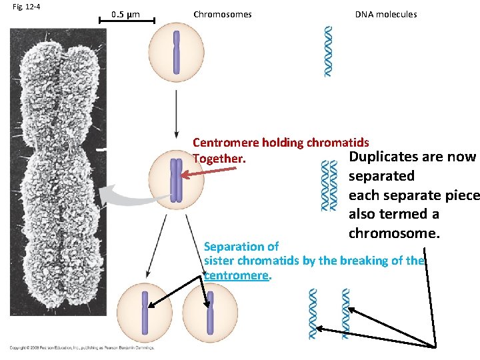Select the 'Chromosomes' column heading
click(x=222, y=14)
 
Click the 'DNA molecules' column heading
click(x=385, y=14)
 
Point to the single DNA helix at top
click(x=328, y=51)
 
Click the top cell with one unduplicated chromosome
click(x=177, y=52)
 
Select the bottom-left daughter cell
click(x=144, y=315)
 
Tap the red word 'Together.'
click(x=219, y=159)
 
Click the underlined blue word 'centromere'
click(x=236, y=275)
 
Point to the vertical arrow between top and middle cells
click(x=177, y=114)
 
